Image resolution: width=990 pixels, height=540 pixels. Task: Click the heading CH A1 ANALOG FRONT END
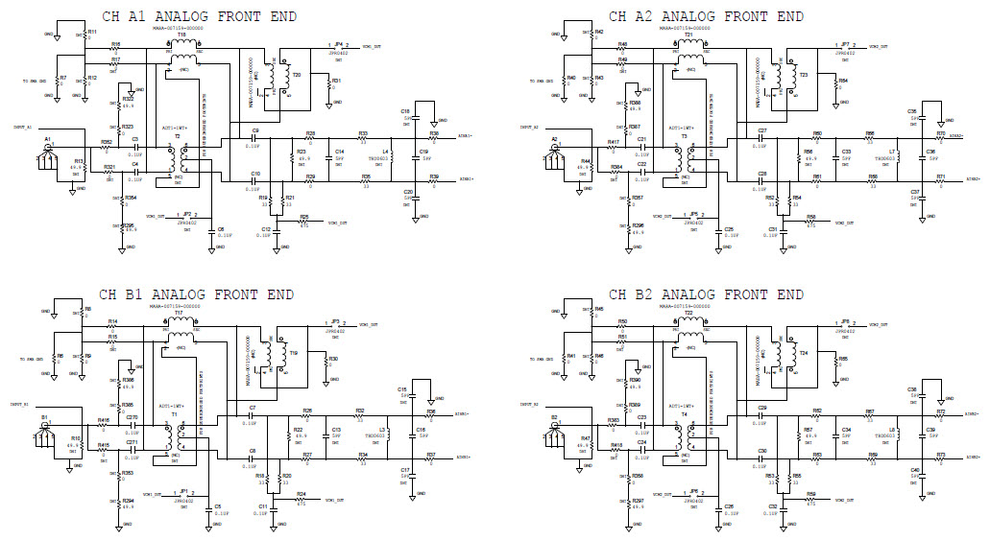click(x=200, y=16)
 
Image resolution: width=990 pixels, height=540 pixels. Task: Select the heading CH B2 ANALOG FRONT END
click(x=707, y=293)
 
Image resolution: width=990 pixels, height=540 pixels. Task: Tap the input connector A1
click(x=47, y=153)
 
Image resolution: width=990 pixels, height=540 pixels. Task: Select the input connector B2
click(x=555, y=431)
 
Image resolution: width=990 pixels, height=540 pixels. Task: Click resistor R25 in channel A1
click(x=303, y=223)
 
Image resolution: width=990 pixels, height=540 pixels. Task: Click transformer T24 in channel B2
click(x=789, y=352)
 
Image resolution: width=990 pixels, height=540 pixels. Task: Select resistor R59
click(x=810, y=501)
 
